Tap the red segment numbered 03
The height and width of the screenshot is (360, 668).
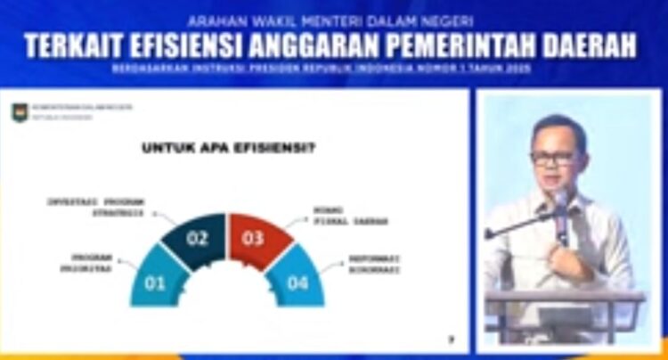coord(254,237)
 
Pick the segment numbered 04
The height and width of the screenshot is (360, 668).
coord(297,282)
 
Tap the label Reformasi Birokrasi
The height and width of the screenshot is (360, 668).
coord(373,264)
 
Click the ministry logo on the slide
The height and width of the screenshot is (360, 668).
coord(20,112)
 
